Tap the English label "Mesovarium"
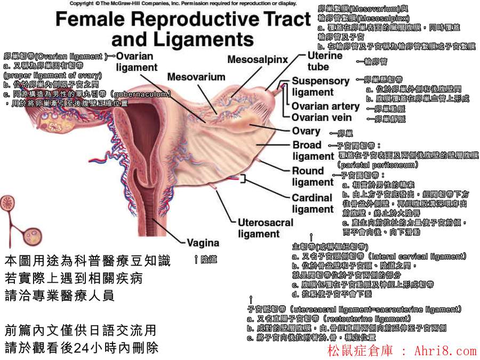(196, 77)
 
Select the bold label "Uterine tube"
(325, 61)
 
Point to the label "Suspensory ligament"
(320, 86)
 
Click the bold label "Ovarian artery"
(325, 106)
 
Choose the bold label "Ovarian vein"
(322, 117)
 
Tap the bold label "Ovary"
(306, 131)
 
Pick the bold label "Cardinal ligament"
(312, 203)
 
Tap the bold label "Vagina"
(203, 243)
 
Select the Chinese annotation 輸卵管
(375, 61)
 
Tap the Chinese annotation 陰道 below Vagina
(209, 259)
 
